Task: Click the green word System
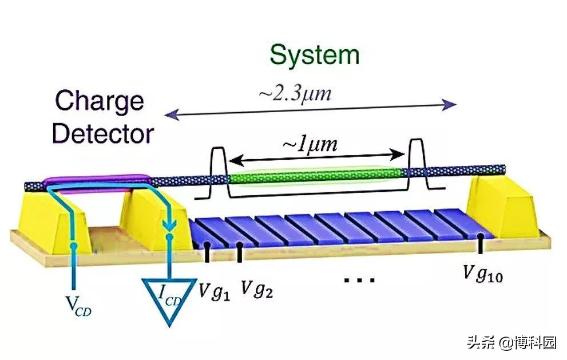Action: [315, 55]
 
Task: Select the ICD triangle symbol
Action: [169, 300]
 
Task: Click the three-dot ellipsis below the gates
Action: [360, 280]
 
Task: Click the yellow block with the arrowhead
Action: [154, 220]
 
